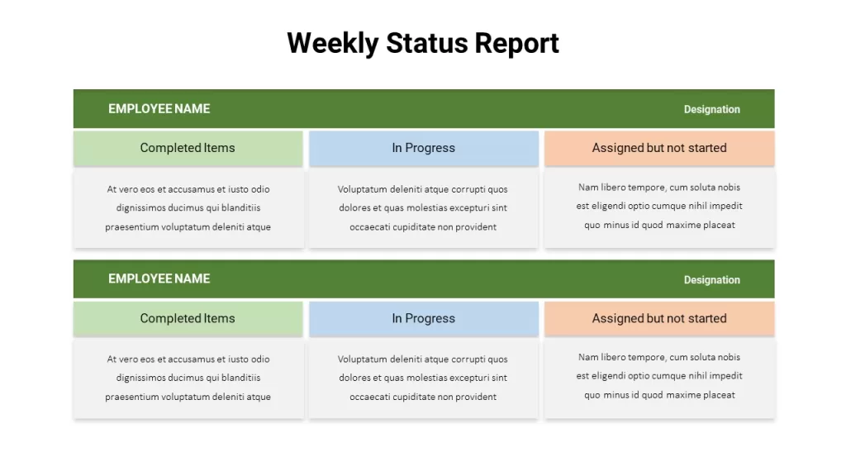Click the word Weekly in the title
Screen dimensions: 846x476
click(332, 44)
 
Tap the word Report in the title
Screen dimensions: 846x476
click(516, 44)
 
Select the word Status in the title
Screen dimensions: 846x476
click(426, 43)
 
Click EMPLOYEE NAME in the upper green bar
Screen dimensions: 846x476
click(159, 109)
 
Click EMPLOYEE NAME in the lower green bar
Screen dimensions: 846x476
click(159, 279)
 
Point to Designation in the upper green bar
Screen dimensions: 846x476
click(711, 110)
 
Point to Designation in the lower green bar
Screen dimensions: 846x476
click(711, 280)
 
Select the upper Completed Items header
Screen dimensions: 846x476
click(188, 149)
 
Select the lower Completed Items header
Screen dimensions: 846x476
click(188, 319)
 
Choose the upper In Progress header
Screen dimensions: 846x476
click(424, 149)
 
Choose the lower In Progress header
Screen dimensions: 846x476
click(424, 319)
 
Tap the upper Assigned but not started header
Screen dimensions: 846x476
click(659, 149)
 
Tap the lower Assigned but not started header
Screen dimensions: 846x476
click(659, 319)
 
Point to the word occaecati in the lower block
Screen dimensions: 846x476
click(369, 397)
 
